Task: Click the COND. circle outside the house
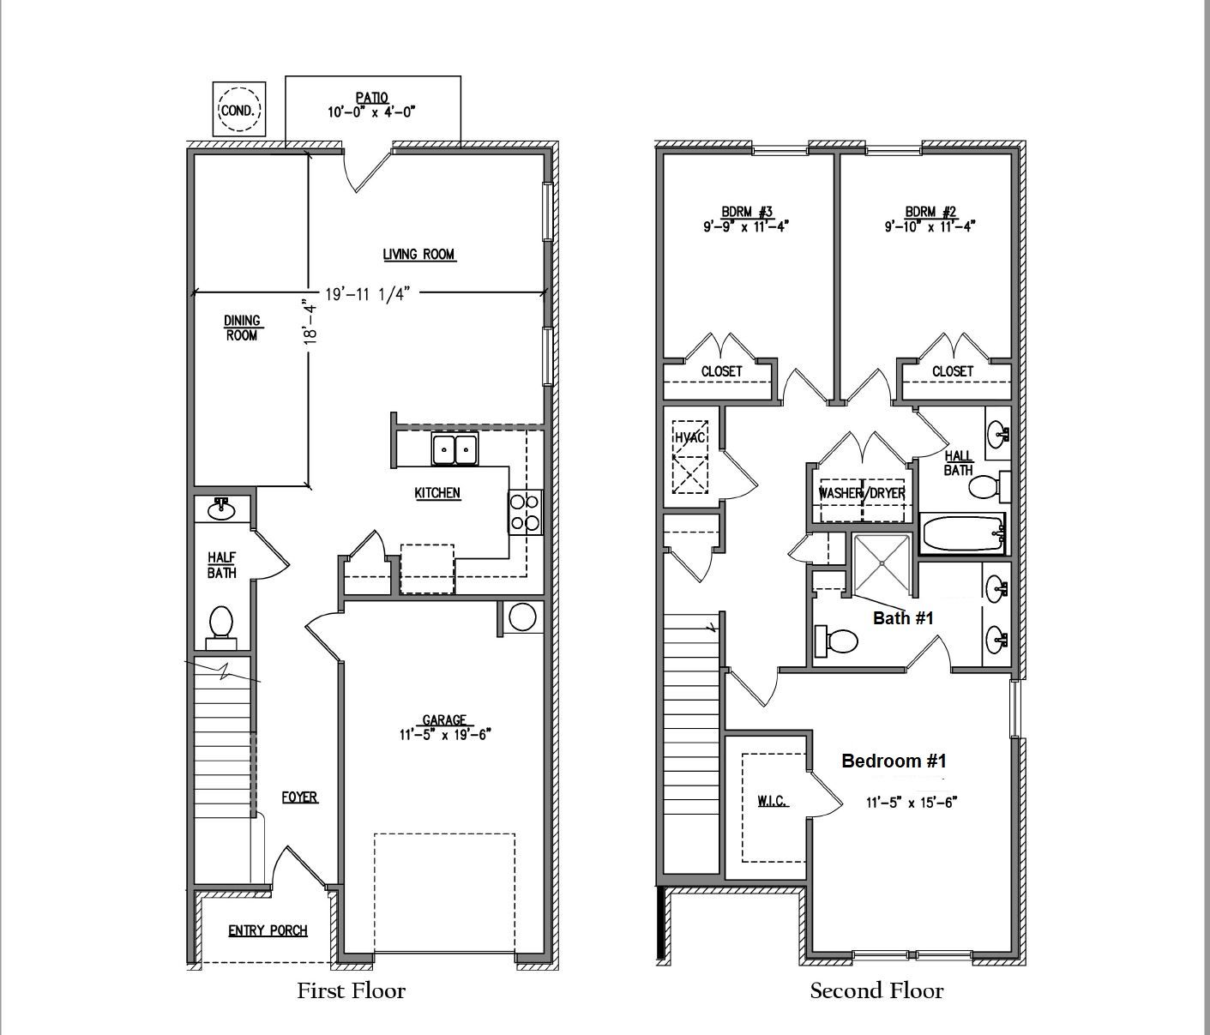pyautogui.click(x=239, y=110)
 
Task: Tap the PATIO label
pyautogui.click(x=371, y=99)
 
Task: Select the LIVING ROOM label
pyautogui.click(x=418, y=254)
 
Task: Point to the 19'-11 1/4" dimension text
pyautogui.click(x=368, y=293)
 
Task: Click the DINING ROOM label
pyautogui.click(x=242, y=328)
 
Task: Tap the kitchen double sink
pyautogui.click(x=455, y=449)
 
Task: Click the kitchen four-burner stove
pyautogui.click(x=525, y=511)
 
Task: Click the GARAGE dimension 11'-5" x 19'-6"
pyautogui.click(x=444, y=734)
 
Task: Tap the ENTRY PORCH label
pyautogui.click(x=268, y=930)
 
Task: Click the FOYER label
pyautogui.click(x=299, y=797)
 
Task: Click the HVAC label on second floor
pyautogui.click(x=689, y=437)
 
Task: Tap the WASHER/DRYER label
pyautogui.click(x=862, y=493)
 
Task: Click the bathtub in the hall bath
pyautogui.click(x=961, y=534)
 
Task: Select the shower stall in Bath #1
pyautogui.click(x=882, y=564)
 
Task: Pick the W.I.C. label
pyautogui.click(x=772, y=801)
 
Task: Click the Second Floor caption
pyautogui.click(x=876, y=991)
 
